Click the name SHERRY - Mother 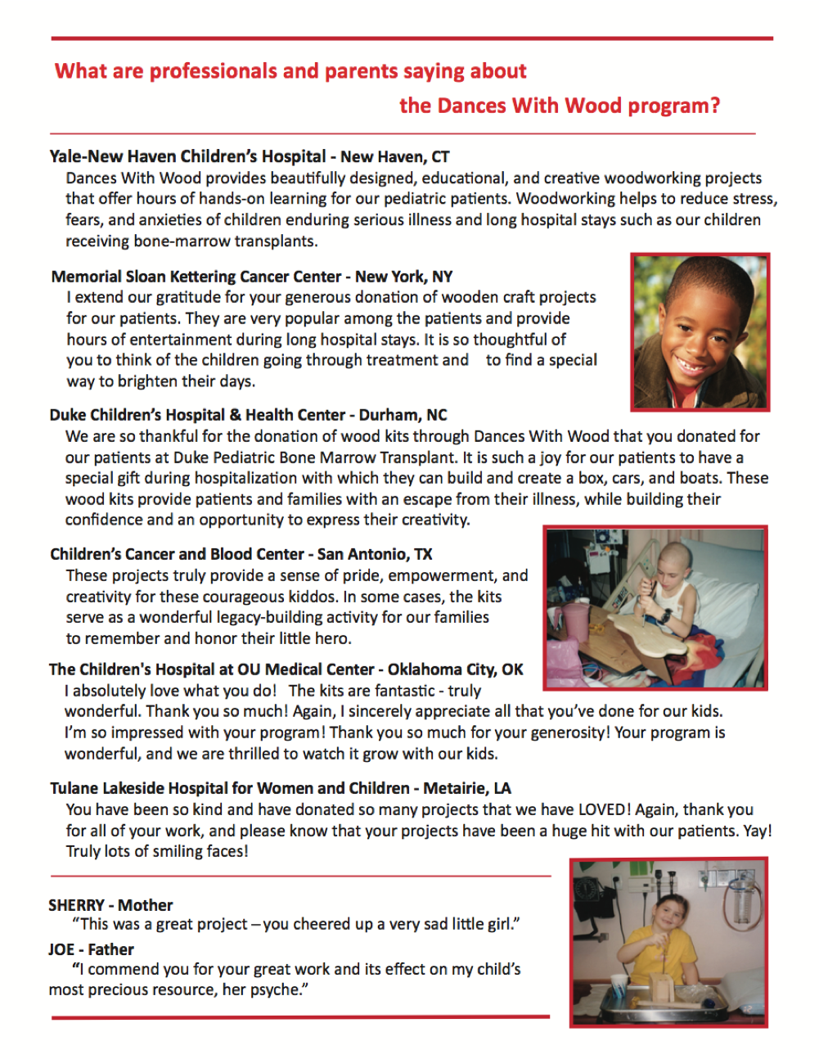[x=110, y=905]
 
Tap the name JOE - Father [x=91, y=949]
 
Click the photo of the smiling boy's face [x=700, y=331]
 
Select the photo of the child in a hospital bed [x=655, y=607]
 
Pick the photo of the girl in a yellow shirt [x=668, y=941]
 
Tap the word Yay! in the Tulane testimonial [x=757, y=831]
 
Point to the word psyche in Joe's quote [x=277, y=989]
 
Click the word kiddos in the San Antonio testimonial [x=308, y=597]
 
